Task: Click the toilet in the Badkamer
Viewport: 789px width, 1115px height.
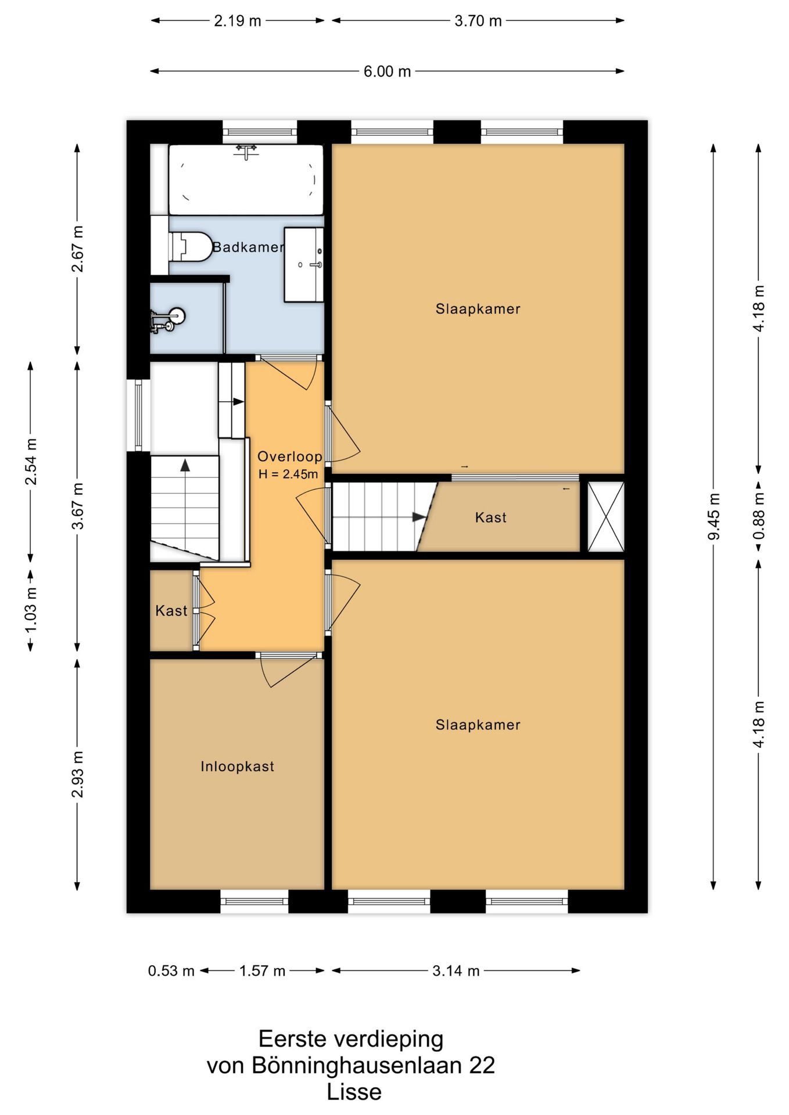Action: pyautogui.click(x=190, y=247)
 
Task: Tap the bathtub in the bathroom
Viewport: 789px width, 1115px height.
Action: pyautogui.click(x=246, y=179)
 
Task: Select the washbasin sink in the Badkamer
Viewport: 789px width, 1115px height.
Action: pyautogui.click(x=303, y=265)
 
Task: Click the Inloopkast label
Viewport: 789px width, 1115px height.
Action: pyautogui.click(x=237, y=767)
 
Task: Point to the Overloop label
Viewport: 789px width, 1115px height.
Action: pyautogui.click(x=289, y=456)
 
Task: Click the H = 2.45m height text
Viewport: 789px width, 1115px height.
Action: pyautogui.click(x=288, y=474)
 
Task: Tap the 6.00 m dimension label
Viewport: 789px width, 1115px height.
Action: pyautogui.click(x=387, y=71)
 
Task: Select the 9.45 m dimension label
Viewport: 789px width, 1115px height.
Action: pyautogui.click(x=713, y=516)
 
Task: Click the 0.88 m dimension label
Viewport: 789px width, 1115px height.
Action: pyautogui.click(x=758, y=516)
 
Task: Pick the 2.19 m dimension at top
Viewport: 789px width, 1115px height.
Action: pyautogui.click(x=238, y=21)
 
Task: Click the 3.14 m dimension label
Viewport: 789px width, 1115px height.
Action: pyautogui.click(x=456, y=971)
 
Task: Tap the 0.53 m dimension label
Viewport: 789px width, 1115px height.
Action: pyautogui.click(x=171, y=971)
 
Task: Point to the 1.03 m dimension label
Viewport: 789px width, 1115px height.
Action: pyautogui.click(x=31, y=610)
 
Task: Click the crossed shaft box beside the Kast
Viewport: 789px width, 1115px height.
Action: pyautogui.click(x=605, y=516)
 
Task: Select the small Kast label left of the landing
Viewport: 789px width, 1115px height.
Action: pyautogui.click(x=171, y=611)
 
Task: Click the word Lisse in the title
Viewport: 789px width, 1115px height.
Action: pyautogui.click(x=354, y=1092)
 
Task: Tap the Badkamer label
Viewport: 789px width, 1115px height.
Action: pyautogui.click(x=248, y=247)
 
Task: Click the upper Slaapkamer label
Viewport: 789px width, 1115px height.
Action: pyautogui.click(x=478, y=309)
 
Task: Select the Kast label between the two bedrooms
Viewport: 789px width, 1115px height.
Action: pyautogui.click(x=491, y=517)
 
